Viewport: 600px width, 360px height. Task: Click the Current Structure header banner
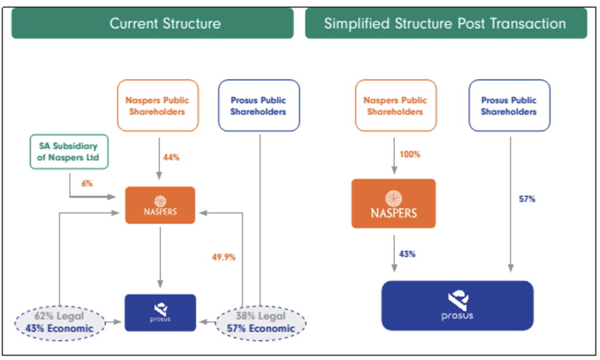click(x=152, y=23)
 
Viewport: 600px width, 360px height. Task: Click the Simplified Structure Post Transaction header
click(x=445, y=23)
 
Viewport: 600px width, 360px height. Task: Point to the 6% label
click(x=87, y=183)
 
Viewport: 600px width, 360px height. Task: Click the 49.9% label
click(x=224, y=257)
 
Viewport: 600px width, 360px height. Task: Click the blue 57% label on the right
click(x=526, y=199)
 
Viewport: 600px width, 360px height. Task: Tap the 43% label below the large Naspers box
click(x=407, y=254)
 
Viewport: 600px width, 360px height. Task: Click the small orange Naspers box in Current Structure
click(x=160, y=205)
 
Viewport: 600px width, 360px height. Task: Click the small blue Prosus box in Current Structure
click(x=160, y=313)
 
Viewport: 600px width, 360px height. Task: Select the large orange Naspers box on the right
click(x=393, y=203)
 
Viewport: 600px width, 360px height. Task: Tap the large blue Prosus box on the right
click(x=458, y=305)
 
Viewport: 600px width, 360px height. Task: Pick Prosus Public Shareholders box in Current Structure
click(x=258, y=106)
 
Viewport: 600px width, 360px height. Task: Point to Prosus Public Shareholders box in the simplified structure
click(x=509, y=106)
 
